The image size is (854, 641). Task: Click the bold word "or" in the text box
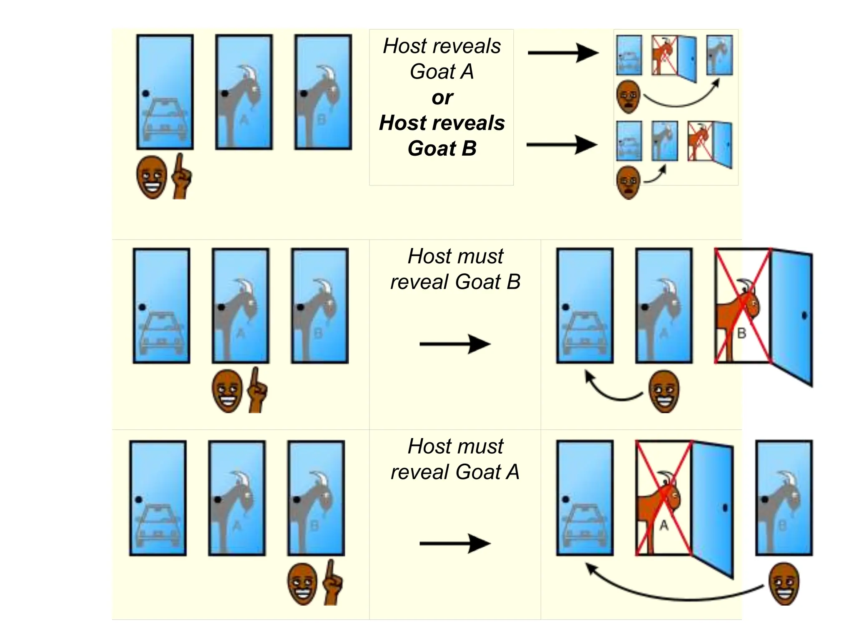pyautogui.click(x=442, y=98)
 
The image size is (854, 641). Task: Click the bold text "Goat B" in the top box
pyautogui.click(x=442, y=149)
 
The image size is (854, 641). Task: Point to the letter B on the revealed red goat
pyautogui.click(x=741, y=333)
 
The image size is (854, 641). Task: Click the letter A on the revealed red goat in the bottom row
pyautogui.click(x=664, y=525)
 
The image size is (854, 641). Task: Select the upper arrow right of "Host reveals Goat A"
pyautogui.click(x=563, y=53)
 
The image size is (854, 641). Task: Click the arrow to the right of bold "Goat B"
pyautogui.click(x=562, y=145)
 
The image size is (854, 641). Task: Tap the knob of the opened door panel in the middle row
pyautogui.click(x=804, y=315)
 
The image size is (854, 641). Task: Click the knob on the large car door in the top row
pyautogui.click(x=146, y=93)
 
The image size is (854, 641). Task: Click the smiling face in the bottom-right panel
pyautogui.click(x=784, y=583)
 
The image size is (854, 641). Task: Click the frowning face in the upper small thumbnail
pyautogui.click(x=628, y=97)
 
